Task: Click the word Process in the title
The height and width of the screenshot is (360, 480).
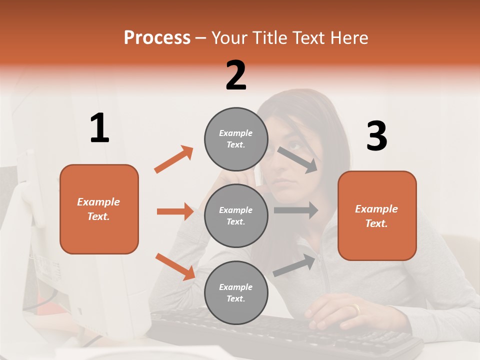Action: pyautogui.click(x=157, y=37)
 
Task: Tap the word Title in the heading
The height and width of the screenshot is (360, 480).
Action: pyautogui.click(x=269, y=37)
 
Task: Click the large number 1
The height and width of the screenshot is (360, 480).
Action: pyautogui.click(x=99, y=128)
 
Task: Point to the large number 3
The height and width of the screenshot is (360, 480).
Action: pyautogui.click(x=376, y=136)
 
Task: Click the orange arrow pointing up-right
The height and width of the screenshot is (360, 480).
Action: pyautogui.click(x=174, y=159)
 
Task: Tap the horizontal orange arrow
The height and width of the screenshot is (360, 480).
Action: pyautogui.click(x=175, y=211)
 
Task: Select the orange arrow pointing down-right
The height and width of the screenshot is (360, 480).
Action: pyautogui.click(x=175, y=266)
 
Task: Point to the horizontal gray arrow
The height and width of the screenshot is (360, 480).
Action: pyautogui.click(x=295, y=210)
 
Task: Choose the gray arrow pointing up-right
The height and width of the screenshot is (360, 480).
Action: pyautogui.click(x=294, y=265)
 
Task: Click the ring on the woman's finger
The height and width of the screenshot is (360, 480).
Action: pyautogui.click(x=355, y=310)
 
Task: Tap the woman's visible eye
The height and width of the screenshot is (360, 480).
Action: pyautogui.click(x=295, y=146)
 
